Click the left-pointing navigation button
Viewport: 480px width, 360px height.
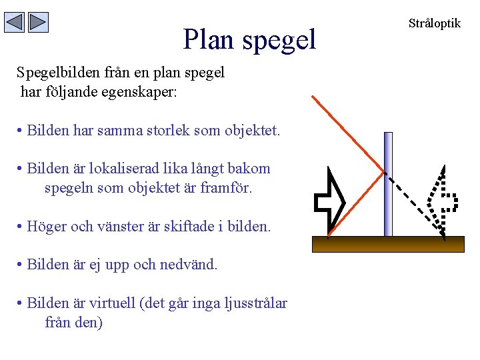point(15,23)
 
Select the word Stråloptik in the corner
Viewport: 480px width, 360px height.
point(434,23)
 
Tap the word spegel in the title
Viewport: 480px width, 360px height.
point(279,41)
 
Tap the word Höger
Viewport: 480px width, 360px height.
point(46,226)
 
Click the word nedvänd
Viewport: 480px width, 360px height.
point(189,264)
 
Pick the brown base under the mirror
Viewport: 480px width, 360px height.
point(388,244)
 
